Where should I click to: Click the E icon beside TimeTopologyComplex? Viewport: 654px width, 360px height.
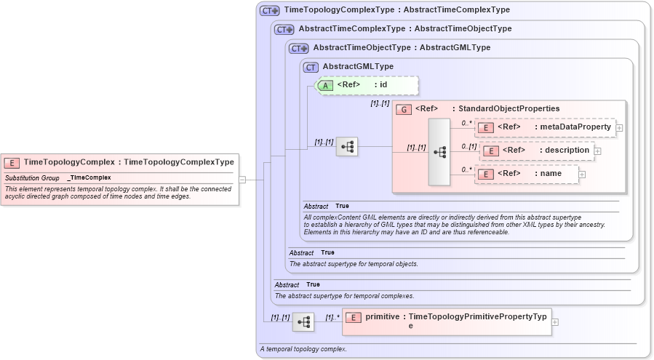[x=12, y=162]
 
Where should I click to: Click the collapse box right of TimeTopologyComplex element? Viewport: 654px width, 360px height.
[x=242, y=180]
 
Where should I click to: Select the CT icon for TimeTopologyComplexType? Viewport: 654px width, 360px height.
[x=270, y=11]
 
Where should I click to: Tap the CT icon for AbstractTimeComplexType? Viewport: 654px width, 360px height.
[x=284, y=29]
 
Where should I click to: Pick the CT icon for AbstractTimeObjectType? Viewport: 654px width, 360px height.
[x=298, y=48]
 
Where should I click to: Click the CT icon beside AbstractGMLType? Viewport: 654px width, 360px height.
[x=311, y=67]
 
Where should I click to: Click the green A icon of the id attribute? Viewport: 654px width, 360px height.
[x=325, y=85]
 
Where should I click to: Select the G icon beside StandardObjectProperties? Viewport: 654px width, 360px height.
[x=404, y=109]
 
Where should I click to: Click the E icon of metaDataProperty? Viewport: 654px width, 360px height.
[x=485, y=127]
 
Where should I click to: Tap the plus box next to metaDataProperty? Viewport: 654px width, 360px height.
[x=619, y=128]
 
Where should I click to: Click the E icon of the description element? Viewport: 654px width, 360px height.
[x=491, y=151]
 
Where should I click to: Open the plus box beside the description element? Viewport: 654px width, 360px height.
[x=598, y=151]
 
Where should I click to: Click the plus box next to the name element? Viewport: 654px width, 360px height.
[x=582, y=175]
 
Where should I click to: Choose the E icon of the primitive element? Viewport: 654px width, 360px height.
[x=353, y=318]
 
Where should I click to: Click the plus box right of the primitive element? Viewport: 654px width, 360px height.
[x=555, y=321]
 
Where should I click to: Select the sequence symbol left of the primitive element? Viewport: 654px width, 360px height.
[x=303, y=321]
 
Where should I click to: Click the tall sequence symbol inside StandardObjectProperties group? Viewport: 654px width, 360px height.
[x=439, y=152]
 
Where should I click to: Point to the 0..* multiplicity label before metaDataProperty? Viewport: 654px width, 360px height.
[x=466, y=123]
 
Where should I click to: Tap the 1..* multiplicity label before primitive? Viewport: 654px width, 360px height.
[x=332, y=317]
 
